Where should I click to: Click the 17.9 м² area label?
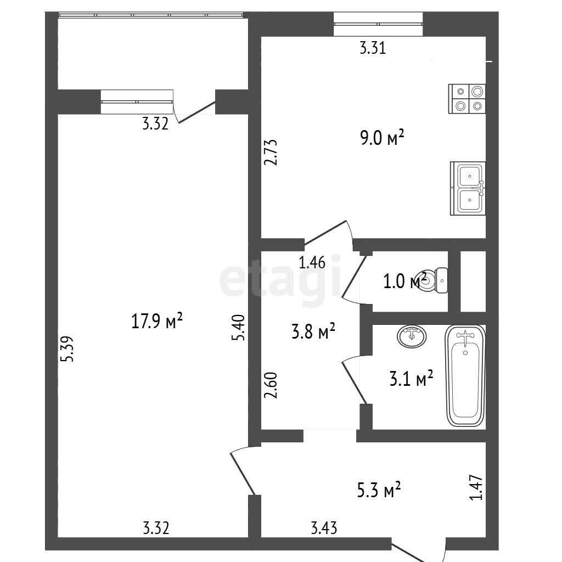157,321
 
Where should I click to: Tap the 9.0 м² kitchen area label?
382,137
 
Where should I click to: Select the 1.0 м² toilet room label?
405,281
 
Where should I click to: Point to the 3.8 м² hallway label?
313,331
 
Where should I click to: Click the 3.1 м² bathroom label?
412,379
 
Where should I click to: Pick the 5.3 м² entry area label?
379,490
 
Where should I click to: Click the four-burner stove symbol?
467,99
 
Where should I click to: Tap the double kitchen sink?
468,189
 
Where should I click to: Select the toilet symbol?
434,280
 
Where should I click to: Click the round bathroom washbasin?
412,336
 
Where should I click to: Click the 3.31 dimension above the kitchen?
373,48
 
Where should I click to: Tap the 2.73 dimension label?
271,152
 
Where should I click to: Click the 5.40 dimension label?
238,327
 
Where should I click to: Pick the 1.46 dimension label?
312,262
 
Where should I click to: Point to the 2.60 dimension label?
271,385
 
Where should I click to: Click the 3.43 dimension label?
324,529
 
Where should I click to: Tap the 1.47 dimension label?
476,487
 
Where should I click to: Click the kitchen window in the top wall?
378,24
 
